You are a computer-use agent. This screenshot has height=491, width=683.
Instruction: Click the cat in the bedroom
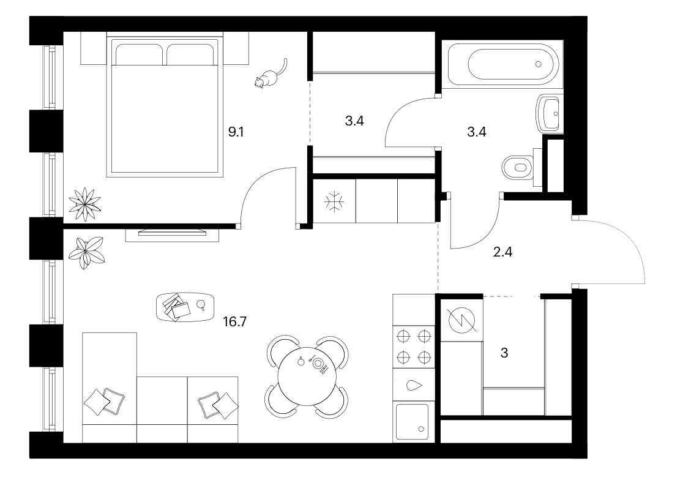click(270, 77)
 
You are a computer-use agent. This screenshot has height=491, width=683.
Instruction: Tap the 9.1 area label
click(236, 132)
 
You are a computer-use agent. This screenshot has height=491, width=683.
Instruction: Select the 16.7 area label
click(235, 321)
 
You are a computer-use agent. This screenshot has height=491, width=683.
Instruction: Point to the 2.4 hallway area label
click(502, 252)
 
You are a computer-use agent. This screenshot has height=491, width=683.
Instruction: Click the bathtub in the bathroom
click(502, 64)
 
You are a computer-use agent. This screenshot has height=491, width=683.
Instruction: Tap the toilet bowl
click(518, 167)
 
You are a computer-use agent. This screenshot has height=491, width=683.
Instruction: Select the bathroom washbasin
click(549, 114)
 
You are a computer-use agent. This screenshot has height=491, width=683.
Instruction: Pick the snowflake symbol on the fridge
click(334, 202)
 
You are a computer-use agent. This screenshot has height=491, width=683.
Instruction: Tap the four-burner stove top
click(414, 347)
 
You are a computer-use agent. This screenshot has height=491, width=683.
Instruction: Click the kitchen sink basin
click(412, 421)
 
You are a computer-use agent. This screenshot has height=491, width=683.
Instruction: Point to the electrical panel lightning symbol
click(461, 318)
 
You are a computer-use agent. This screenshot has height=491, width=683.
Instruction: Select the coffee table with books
click(185, 307)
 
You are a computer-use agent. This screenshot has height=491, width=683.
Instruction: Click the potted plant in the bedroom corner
click(85, 204)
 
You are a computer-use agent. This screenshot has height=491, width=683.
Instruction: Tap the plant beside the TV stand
click(87, 253)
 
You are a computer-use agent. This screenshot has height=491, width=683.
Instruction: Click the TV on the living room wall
click(172, 233)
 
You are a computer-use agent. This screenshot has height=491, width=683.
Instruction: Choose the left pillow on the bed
click(139, 54)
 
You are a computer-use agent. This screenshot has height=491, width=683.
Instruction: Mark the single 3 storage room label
click(504, 353)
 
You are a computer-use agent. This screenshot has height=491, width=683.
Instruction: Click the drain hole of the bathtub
click(539, 64)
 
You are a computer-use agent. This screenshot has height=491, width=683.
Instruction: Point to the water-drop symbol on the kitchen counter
click(414, 385)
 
